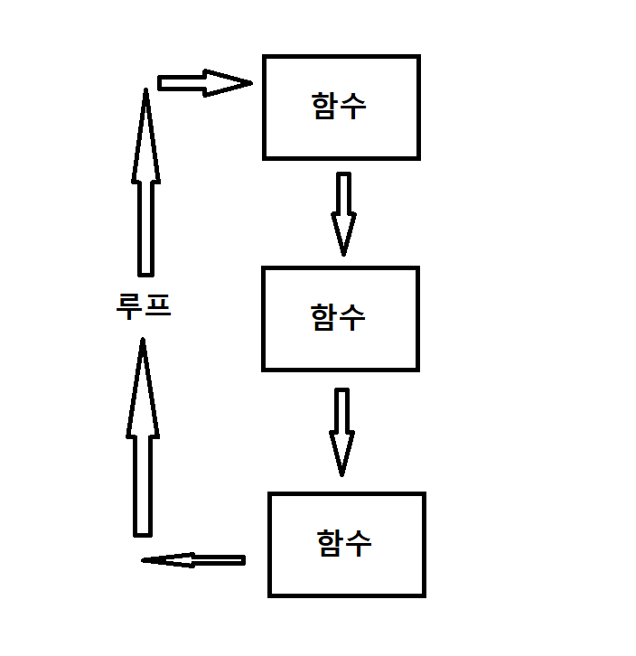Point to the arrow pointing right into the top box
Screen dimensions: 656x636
[203, 83]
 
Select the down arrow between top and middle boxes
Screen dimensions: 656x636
[343, 212]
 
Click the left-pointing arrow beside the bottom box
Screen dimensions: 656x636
[194, 560]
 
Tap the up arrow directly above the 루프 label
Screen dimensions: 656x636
[145, 181]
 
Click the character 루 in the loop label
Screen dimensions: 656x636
[130, 305]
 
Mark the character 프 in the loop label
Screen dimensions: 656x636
[157, 305]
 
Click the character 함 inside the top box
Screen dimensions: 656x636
[325, 107]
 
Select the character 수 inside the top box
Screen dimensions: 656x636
[354, 107]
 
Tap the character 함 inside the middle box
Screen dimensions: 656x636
[324, 317]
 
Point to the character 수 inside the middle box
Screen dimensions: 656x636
[353, 317]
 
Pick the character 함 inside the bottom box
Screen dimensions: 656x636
[332, 543]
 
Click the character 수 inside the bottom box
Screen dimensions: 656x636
[360, 543]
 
